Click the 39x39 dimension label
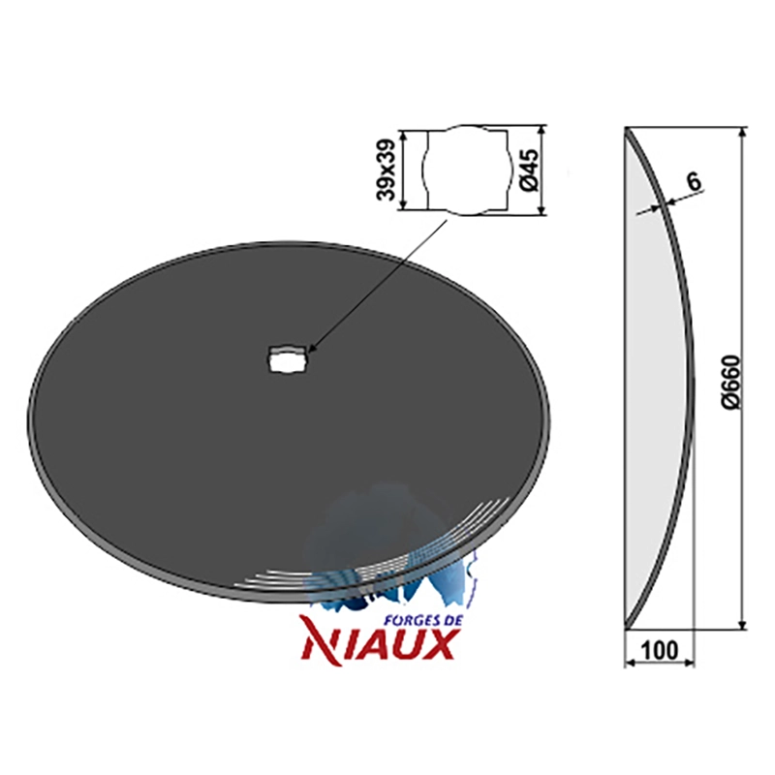tap(386, 170)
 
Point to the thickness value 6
tap(694, 182)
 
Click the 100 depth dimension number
tap(660, 650)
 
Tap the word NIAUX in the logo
tap(379, 644)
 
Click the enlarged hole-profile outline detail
tap(467, 169)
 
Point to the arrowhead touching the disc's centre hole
tap(311, 349)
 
